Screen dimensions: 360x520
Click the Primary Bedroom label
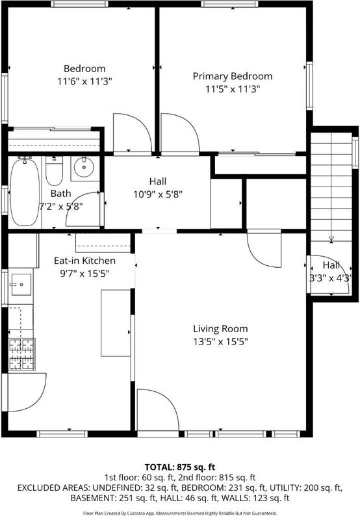[233, 76]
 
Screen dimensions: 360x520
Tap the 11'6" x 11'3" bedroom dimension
[84, 81]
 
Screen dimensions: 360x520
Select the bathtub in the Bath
[25, 192]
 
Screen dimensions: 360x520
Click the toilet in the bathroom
[54, 170]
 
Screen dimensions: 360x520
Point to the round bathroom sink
[84, 168]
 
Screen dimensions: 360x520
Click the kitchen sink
[21, 285]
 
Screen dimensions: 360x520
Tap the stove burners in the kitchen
[22, 354]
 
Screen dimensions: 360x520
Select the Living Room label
[220, 329]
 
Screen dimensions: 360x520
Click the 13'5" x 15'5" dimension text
[220, 342]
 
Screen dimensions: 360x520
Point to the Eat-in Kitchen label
[84, 261]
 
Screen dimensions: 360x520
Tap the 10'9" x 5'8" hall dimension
[158, 194]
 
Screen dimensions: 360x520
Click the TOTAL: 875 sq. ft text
[180, 467]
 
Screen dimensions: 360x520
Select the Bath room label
[60, 193]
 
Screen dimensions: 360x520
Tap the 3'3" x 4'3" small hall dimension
[330, 278]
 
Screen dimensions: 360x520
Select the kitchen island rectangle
[116, 323]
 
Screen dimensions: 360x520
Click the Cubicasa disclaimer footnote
[179, 513]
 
